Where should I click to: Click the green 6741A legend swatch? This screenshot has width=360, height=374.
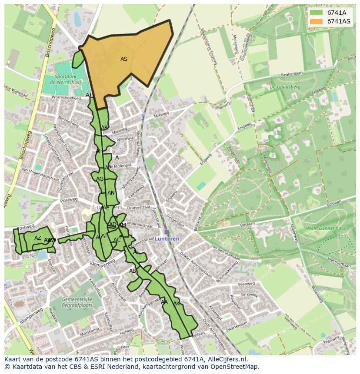tap(316, 13)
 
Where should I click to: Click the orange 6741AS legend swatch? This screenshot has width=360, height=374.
tap(316, 21)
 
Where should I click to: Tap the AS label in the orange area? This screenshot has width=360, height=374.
tap(124, 59)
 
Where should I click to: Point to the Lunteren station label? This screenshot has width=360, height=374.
tap(167, 239)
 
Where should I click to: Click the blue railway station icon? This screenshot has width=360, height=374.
tap(167, 232)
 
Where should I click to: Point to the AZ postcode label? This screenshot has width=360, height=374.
tap(38, 238)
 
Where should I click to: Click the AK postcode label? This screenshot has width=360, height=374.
tap(177, 303)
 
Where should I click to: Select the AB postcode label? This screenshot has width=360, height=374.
tap(133, 271)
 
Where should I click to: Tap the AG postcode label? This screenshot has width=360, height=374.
tap(100, 179)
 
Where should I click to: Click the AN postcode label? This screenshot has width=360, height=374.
tap(111, 193)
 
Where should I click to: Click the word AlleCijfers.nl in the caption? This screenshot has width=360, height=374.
tap(226, 360)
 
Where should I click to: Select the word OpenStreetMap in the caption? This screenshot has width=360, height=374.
tap(237, 367)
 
